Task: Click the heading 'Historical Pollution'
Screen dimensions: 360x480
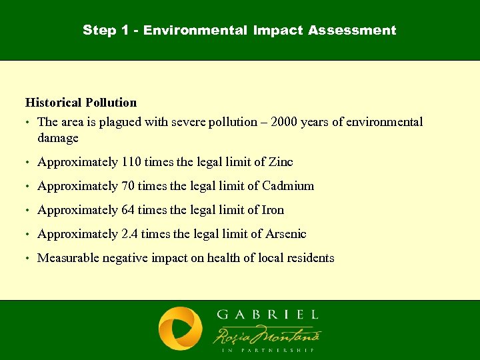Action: click(81, 103)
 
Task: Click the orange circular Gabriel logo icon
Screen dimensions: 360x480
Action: click(180, 329)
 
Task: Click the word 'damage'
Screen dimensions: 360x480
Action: click(58, 139)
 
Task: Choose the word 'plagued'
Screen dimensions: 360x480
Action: click(124, 123)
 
